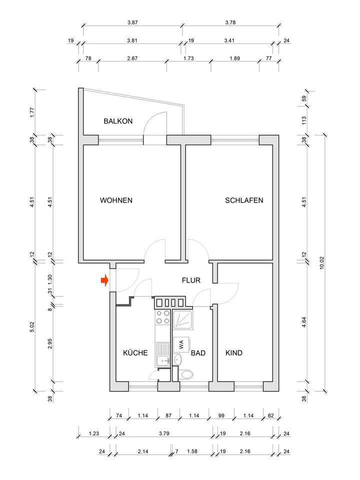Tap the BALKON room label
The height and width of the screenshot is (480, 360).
[x=118, y=121]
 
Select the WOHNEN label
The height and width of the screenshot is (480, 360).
[x=116, y=200]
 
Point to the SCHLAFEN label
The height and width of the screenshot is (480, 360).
[x=244, y=200]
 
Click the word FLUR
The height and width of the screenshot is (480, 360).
[x=191, y=280]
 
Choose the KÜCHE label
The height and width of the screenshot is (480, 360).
[x=135, y=352]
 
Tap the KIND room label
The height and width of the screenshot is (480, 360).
[x=234, y=352]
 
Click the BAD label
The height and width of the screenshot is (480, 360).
[x=198, y=352]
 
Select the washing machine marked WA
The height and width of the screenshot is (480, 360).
[x=180, y=344]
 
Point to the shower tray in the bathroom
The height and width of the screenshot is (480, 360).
[x=185, y=319]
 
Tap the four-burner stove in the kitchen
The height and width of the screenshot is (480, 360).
[x=163, y=318]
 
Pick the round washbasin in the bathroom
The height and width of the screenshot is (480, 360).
[x=178, y=359]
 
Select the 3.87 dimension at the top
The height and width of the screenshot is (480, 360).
[x=132, y=22]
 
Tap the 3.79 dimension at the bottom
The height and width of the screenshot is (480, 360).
[x=164, y=433]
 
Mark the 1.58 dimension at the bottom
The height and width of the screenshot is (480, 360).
[x=192, y=451]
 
